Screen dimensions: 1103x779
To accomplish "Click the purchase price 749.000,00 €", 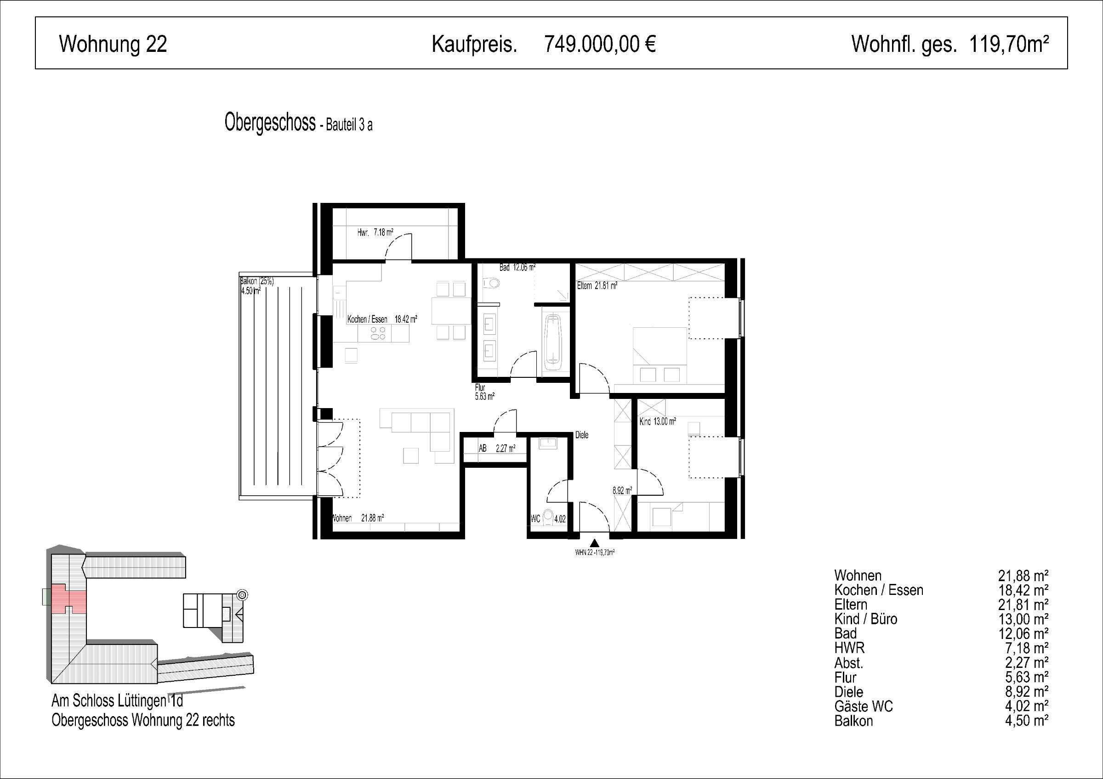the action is coord(600,44).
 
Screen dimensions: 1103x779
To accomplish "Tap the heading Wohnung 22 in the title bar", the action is coord(113,44).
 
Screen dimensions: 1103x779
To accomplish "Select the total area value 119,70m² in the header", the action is coord(1009,44).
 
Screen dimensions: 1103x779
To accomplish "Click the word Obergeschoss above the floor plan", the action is coord(270,123).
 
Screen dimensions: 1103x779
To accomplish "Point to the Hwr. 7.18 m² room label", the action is coord(375,232).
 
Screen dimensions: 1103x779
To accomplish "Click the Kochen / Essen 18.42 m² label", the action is coord(382,319).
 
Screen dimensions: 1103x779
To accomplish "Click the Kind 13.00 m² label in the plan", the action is coord(658,421).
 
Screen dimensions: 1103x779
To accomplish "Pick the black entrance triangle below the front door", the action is coord(595,544).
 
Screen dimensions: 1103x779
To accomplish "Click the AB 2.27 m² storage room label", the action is coord(497,448).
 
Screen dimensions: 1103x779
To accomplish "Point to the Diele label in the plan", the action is coord(582,435).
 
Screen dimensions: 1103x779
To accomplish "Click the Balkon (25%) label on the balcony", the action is coord(257,281).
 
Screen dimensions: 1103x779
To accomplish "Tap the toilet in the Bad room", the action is coord(491,283).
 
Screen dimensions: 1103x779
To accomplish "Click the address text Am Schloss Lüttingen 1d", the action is coord(117,701).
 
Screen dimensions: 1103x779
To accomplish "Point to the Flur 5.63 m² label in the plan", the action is coord(484,392).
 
